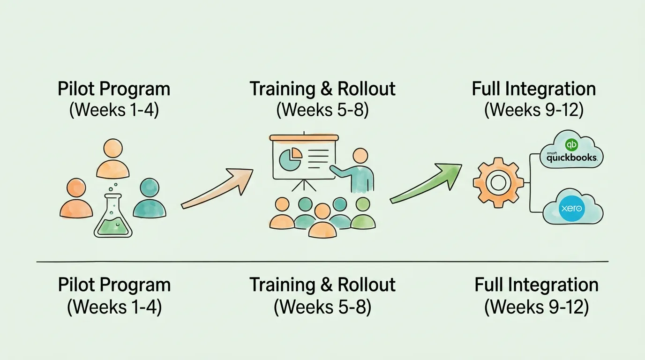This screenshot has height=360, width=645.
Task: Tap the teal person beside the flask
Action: (x=149, y=200)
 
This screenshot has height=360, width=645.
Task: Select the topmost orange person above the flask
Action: (x=112, y=159)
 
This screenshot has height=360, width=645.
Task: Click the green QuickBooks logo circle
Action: (x=571, y=145)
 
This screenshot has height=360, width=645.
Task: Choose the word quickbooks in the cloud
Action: (x=571, y=158)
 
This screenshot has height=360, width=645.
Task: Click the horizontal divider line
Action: (x=322, y=261)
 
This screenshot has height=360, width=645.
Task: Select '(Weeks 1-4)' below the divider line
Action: (x=114, y=307)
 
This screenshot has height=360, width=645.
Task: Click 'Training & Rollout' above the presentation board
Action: (x=322, y=89)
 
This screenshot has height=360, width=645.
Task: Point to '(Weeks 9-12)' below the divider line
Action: (x=536, y=307)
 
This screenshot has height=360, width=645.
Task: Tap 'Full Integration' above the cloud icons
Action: (x=533, y=89)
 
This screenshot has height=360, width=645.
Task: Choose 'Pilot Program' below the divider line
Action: (x=114, y=285)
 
